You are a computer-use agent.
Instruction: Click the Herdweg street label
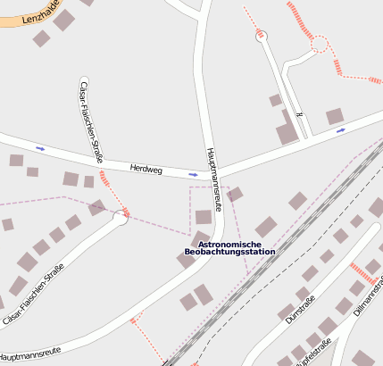pos(146,168)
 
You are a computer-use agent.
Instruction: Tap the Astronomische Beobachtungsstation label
pos(229,248)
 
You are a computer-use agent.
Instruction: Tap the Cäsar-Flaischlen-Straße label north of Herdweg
pos(89,121)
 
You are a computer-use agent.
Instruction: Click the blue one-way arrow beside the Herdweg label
pos(194,174)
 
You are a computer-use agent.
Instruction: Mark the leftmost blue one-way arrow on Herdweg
pos(40,147)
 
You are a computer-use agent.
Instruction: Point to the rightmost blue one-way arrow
pos(340,130)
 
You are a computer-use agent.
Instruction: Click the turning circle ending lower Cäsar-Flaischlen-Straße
pos(120,218)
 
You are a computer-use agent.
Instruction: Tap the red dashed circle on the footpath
pos(319,43)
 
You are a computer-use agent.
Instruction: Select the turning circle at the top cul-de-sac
pos(261,36)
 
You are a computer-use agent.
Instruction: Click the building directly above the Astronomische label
pos(204,217)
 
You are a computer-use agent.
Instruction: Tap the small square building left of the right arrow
pos(335,116)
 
